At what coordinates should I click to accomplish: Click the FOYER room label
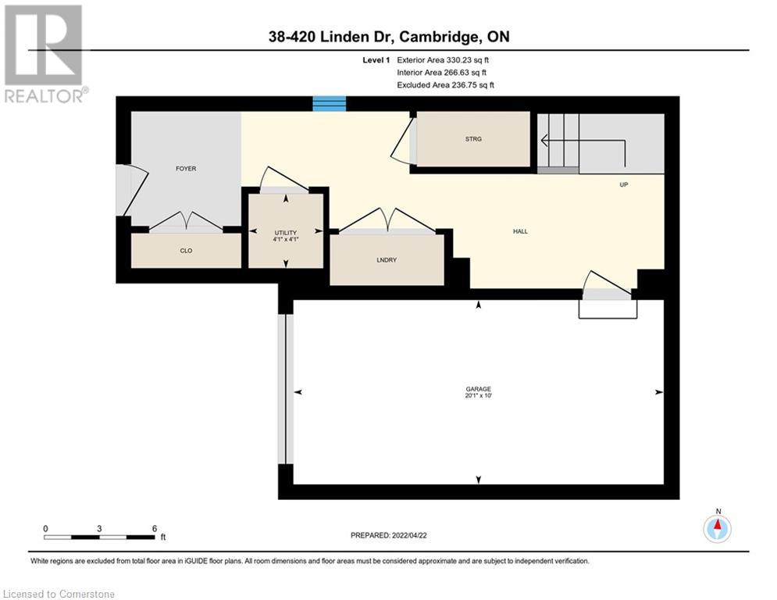pyautogui.click(x=186, y=169)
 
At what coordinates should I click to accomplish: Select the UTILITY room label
pyautogui.click(x=285, y=233)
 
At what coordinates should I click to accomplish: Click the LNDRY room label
pyautogui.click(x=387, y=260)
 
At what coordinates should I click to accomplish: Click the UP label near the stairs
pyautogui.click(x=623, y=185)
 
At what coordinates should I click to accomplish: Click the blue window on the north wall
pyautogui.click(x=329, y=104)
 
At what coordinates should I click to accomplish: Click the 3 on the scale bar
pyautogui.click(x=99, y=527)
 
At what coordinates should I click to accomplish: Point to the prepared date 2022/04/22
pyautogui.click(x=388, y=535)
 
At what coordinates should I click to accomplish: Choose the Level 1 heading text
pyautogui.click(x=376, y=59)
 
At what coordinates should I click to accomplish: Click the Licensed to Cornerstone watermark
pyautogui.click(x=59, y=594)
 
